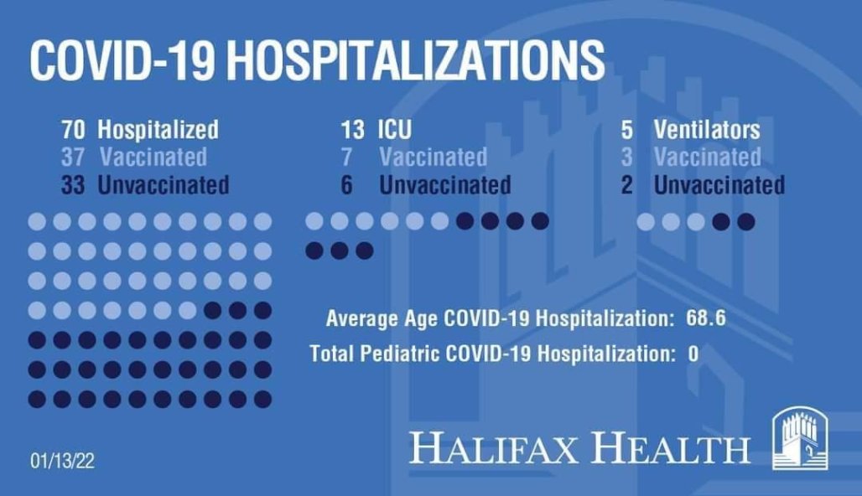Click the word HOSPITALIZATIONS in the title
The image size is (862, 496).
pyautogui.click(x=416, y=59)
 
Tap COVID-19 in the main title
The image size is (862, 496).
pyautogui.click(x=122, y=59)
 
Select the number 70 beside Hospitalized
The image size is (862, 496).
pyautogui.click(x=73, y=130)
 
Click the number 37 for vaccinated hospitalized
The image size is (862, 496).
pyautogui.click(x=73, y=157)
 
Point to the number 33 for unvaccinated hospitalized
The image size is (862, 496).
pyautogui.click(x=73, y=184)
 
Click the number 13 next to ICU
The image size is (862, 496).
pyautogui.click(x=352, y=130)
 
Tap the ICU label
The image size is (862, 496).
pyautogui.click(x=395, y=130)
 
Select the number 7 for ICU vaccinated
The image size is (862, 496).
pyautogui.click(x=346, y=157)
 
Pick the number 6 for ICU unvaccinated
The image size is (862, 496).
pyautogui.click(x=347, y=184)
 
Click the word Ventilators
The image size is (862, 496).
pyautogui.click(x=707, y=130)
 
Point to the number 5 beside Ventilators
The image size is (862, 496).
pyautogui.click(x=626, y=130)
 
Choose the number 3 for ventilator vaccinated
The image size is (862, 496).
pyautogui.click(x=626, y=157)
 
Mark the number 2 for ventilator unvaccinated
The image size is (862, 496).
pyautogui.click(x=626, y=184)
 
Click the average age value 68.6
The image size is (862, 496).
pyautogui.click(x=706, y=318)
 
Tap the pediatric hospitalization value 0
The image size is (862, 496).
pyautogui.click(x=693, y=354)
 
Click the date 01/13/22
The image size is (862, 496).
pyautogui.click(x=63, y=460)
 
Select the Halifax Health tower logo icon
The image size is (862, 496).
pyautogui.click(x=800, y=438)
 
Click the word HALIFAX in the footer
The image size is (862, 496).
pyautogui.click(x=493, y=447)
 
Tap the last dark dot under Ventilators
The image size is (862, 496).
pyautogui.click(x=746, y=222)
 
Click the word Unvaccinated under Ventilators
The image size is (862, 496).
pyautogui.click(x=719, y=184)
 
